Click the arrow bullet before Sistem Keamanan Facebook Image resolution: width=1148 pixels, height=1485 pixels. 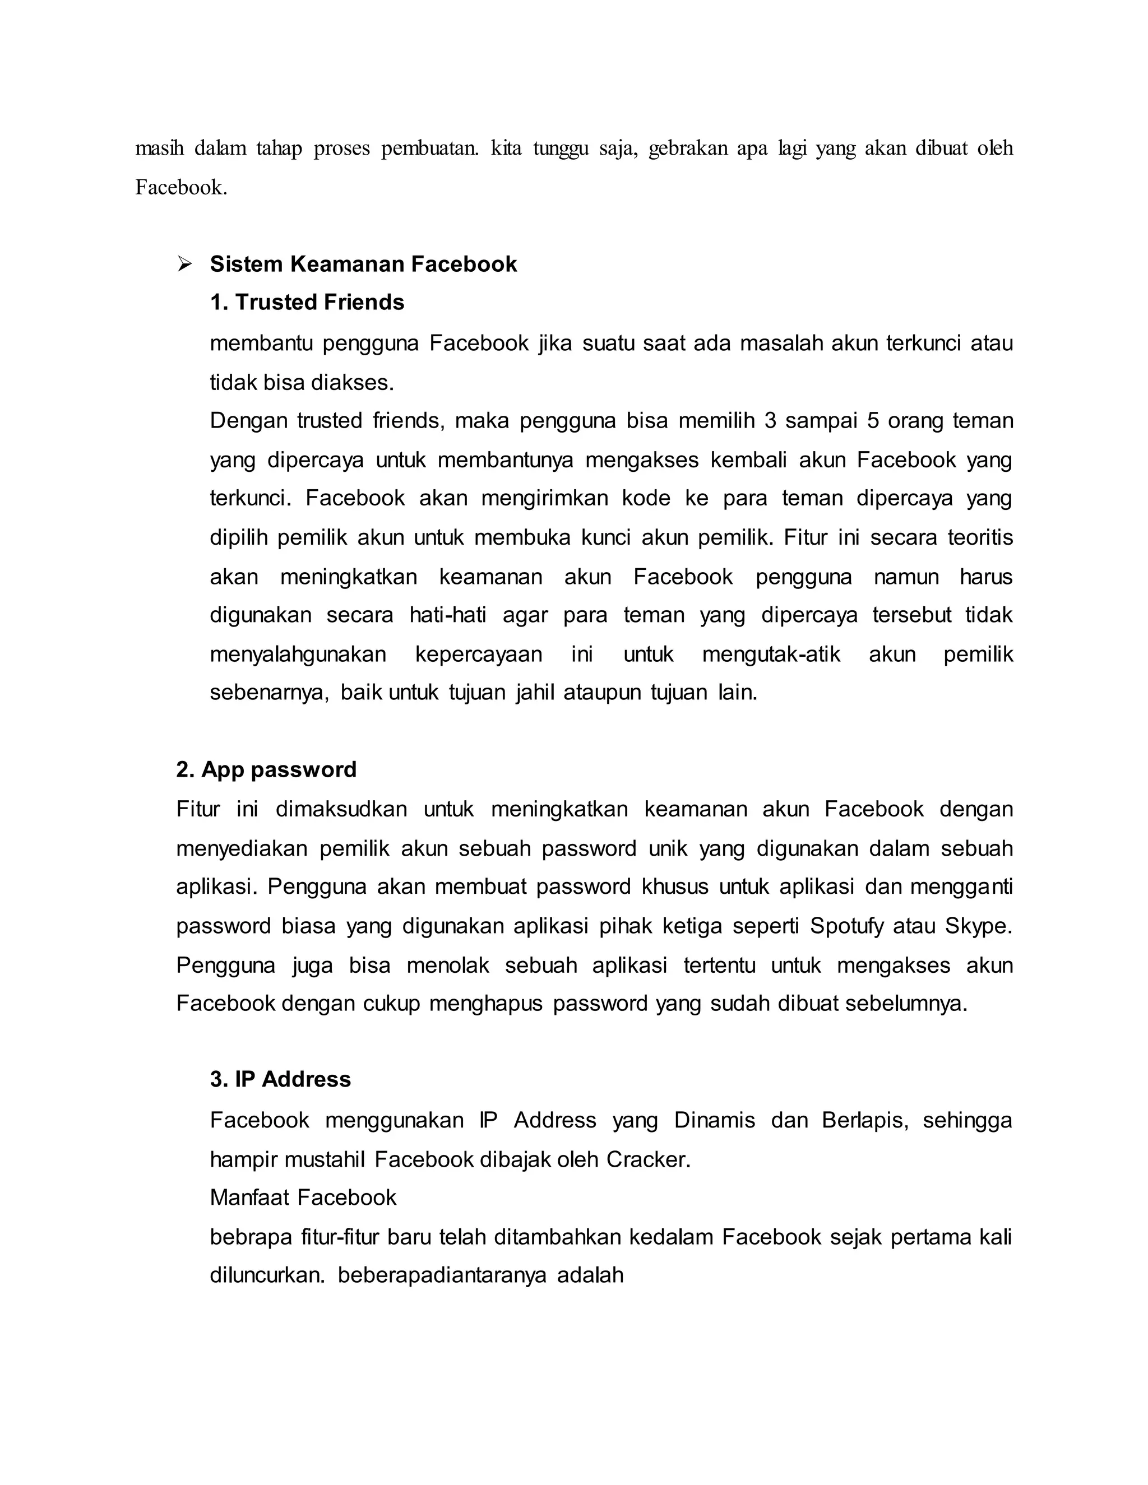184,264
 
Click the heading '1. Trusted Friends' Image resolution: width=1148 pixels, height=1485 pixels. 307,302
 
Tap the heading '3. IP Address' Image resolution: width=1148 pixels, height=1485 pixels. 280,1079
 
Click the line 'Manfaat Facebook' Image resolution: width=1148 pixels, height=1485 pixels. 303,1198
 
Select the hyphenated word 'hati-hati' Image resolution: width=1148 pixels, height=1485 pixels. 447,615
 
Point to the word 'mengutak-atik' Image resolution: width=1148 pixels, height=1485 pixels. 771,654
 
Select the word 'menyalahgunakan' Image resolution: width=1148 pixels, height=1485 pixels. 298,654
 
